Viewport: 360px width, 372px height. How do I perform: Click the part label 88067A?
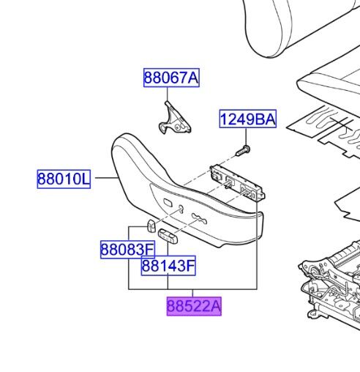point(171,78)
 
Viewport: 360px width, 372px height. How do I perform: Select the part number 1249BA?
point(248,119)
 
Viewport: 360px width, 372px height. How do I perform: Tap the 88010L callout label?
point(64,179)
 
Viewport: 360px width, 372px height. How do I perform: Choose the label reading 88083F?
point(127,250)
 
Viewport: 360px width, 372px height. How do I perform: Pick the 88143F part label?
point(168,266)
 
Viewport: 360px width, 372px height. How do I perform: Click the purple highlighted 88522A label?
point(194,306)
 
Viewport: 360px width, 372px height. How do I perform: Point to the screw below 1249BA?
point(243,151)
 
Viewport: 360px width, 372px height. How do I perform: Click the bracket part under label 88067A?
point(174,119)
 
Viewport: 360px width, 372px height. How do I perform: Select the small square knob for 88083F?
point(151,226)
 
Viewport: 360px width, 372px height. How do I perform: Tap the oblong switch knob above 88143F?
point(168,236)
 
